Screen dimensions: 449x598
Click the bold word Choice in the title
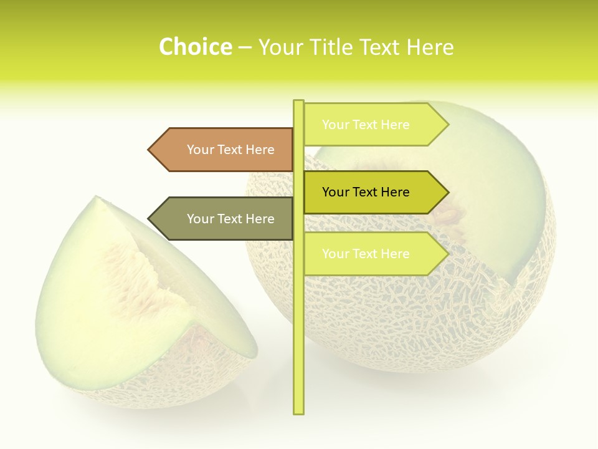[195, 47]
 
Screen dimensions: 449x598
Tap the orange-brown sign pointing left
[224, 150]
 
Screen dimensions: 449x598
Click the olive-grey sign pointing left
[224, 219]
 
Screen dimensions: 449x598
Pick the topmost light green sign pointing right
[371, 125]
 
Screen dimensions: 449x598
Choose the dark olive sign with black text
[371, 192]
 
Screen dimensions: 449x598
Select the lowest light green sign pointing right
[371, 254]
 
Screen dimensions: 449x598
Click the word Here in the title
[430, 47]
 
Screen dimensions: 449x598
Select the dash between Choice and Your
[245, 47]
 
